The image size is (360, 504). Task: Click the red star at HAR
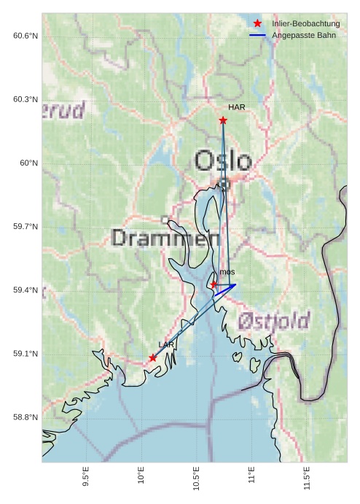(x=223, y=120)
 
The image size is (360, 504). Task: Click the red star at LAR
(x=152, y=357)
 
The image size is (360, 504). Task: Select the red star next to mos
(x=214, y=284)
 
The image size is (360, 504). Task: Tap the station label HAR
(x=236, y=107)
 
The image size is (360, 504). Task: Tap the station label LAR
(x=166, y=344)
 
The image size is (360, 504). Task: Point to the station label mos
(x=227, y=272)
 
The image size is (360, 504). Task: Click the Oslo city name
(x=223, y=161)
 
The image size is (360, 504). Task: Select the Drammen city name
(x=166, y=238)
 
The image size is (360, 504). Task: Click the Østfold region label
(x=273, y=320)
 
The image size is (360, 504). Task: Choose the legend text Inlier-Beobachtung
(x=305, y=23)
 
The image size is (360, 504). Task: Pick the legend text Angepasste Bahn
(x=304, y=35)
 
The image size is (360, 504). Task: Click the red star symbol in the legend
(x=257, y=23)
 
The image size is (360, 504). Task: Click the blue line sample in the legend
(x=257, y=35)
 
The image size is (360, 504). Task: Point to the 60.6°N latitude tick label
(x=26, y=36)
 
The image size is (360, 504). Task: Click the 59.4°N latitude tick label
(x=26, y=290)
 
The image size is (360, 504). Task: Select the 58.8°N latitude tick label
(x=26, y=417)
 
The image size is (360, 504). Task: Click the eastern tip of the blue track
(x=235, y=284)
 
